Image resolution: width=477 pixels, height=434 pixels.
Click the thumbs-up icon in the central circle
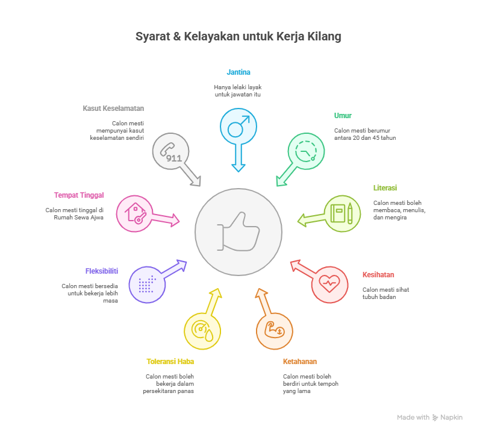point(238,231)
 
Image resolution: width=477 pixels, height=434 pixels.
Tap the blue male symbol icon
point(238,127)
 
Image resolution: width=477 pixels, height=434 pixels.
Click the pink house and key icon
point(134,214)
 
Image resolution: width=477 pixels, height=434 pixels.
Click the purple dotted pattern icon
point(147,285)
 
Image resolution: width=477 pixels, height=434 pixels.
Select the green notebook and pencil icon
point(342,214)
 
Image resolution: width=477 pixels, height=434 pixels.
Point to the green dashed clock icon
point(306,151)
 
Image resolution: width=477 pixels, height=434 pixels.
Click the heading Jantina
point(238,72)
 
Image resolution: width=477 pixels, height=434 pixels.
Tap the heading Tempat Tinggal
point(79,195)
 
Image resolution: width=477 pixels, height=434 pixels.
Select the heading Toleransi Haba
point(170,362)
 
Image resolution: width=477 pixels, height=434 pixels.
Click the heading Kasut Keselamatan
point(113,108)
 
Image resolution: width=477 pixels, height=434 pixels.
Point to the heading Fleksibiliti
point(102,271)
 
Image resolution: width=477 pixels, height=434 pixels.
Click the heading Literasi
point(385,188)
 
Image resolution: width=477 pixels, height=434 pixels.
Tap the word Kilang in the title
point(326,37)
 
